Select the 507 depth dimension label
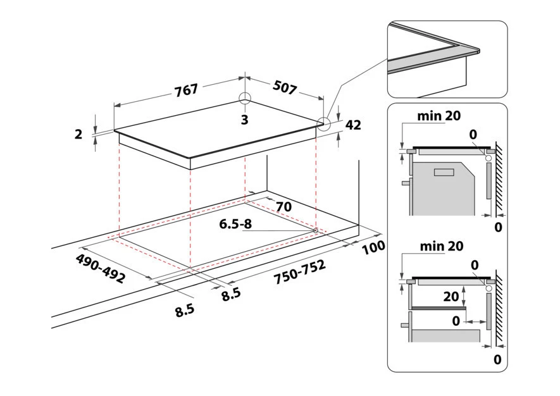(x=285, y=87)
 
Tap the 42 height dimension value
(x=353, y=125)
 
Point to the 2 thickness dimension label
(x=79, y=134)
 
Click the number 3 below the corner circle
(x=245, y=120)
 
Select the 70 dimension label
(x=283, y=206)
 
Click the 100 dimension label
(x=373, y=247)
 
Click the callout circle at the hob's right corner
(x=324, y=124)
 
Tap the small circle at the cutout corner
(x=315, y=230)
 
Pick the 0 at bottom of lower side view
(x=497, y=360)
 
